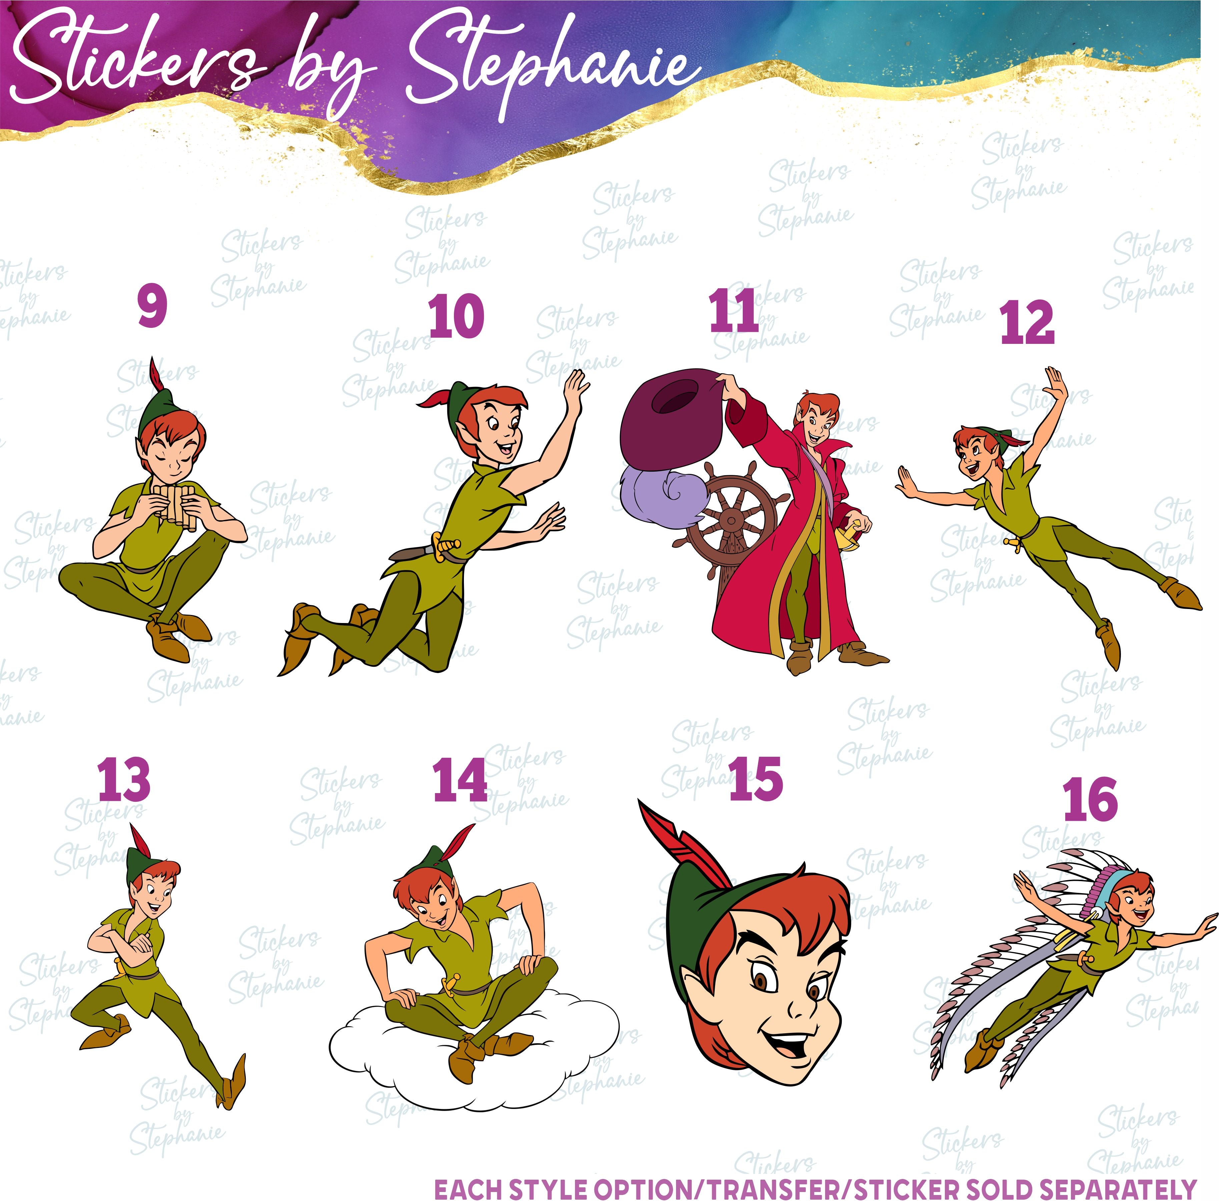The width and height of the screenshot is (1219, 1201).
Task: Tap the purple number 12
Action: tap(1027, 322)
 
